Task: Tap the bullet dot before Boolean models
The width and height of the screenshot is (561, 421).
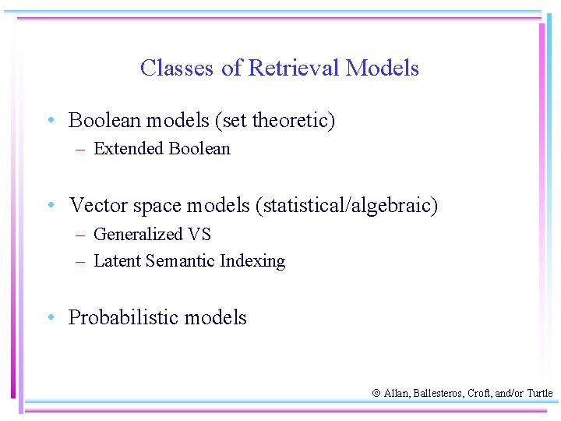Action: point(50,121)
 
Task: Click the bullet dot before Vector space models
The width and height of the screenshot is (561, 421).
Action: point(50,206)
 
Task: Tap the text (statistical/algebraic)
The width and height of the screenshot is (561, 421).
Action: point(346,206)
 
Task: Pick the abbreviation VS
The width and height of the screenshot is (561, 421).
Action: point(199,235)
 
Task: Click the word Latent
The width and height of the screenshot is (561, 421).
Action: point(115,261)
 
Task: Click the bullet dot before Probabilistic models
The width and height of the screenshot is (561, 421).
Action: point(50,318)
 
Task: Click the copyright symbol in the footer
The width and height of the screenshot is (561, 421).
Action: point(377,394)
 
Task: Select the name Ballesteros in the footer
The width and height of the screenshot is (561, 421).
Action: point(438,394)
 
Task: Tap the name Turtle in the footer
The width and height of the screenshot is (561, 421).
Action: point(539,394)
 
